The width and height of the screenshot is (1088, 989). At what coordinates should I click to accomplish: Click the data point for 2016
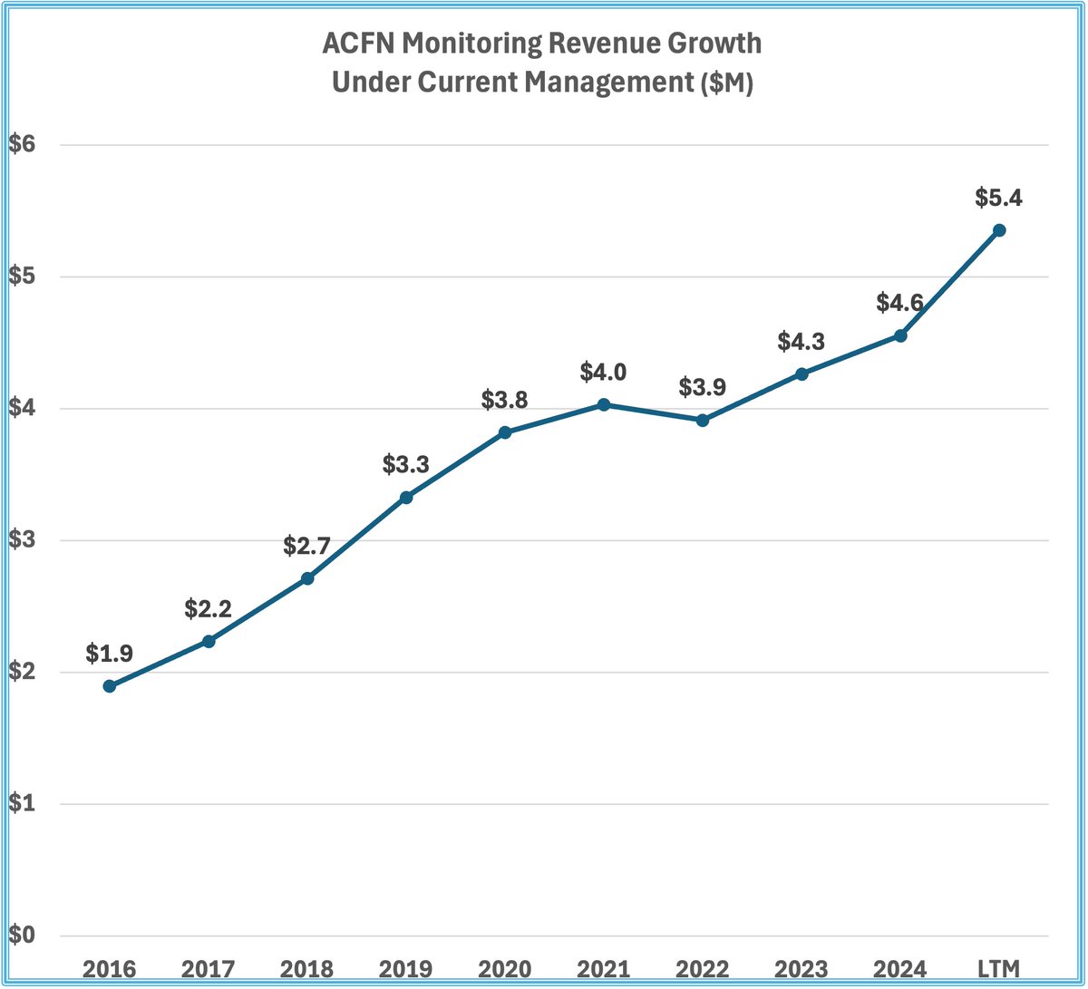click(109, 686)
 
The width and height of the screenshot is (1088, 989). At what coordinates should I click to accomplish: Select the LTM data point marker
click(999, 230)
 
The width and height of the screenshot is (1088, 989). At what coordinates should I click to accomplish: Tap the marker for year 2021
click(604, 404)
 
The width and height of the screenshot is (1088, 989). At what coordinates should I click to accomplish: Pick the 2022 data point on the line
click(703, 420)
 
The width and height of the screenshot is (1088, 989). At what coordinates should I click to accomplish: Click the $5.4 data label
click(999, 198)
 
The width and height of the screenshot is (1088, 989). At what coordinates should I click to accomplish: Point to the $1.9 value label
click(109, 653)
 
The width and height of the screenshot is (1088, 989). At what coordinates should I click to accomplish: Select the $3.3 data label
click(405, 464)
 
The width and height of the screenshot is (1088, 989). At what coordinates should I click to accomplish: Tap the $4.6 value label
click(900, 303)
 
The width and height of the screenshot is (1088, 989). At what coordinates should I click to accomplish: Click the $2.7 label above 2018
click(306, 546)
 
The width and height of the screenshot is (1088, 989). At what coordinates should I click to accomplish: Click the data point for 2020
click(505, 432)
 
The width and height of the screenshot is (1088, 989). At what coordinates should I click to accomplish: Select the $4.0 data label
click(604, 372)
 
